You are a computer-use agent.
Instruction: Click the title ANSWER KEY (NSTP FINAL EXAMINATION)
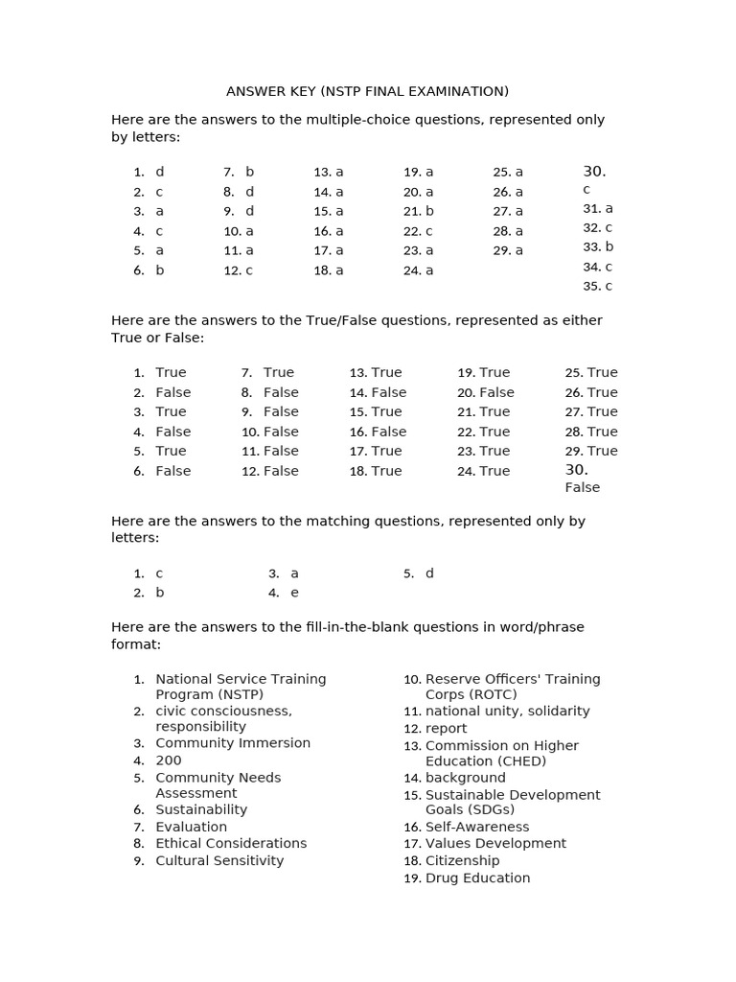click(367, 91)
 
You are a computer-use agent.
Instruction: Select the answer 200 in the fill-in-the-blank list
click(169, 760)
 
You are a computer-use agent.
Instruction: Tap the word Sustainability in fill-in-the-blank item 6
click(201, 809)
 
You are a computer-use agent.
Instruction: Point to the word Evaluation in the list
click(192, 827)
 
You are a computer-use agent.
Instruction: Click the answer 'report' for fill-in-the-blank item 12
click(447, 729)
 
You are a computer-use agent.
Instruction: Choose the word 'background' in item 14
click(466, 778)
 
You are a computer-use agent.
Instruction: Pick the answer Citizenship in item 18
click(463, 861)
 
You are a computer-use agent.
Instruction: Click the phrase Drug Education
click(477, 878)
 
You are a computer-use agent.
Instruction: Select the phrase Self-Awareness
click(477, 827)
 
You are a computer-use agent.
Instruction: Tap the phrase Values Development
click(495, 844)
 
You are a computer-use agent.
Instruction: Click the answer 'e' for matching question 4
click(294, 593)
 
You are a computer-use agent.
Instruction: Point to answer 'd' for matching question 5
click(429, 573)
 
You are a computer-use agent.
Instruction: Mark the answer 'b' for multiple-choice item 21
click(429, 211)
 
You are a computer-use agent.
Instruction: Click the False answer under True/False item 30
click(583, 487)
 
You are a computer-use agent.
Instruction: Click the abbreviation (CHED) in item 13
click(513, 761)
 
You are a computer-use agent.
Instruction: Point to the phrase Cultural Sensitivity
click(219, 861)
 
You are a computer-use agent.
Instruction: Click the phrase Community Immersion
click(233, 743)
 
